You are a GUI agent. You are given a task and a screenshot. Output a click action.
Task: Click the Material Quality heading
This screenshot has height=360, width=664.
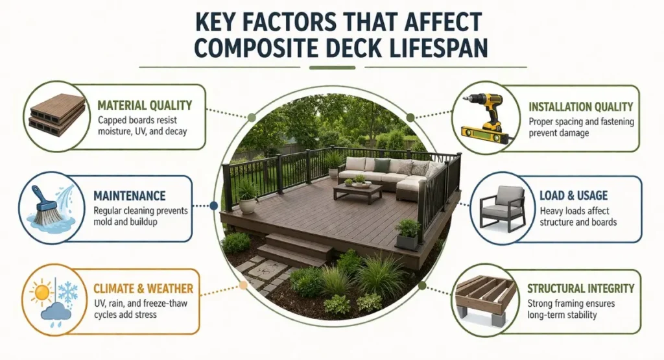[144, 105]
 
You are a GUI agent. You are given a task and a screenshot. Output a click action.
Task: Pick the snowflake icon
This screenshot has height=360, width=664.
[67, 291]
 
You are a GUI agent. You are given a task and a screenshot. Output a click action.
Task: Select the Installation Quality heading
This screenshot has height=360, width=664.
[580, 107]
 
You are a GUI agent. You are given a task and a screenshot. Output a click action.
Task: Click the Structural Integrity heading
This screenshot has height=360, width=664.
[580, 288]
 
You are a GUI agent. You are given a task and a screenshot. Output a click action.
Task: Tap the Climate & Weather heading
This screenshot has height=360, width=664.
[143, 288]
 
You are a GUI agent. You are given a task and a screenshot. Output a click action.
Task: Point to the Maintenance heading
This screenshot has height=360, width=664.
[129, 195]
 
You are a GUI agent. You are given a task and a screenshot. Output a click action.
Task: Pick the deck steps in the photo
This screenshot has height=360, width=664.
[296, 249]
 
